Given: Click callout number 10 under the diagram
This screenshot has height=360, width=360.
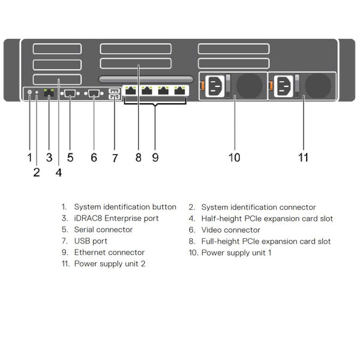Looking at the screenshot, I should point(234,157).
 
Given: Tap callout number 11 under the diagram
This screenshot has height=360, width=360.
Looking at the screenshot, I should point(304,157).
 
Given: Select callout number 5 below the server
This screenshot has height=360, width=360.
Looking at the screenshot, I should point(70,157).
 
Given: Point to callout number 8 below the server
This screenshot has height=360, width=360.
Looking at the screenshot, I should point(138,157).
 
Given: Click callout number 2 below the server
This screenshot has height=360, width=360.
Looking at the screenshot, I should point(37,172).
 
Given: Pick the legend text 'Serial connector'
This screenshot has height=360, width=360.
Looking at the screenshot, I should point(103,230).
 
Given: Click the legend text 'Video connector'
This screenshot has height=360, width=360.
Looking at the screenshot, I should point(230,230).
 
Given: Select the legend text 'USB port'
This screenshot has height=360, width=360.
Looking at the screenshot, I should point(91,241).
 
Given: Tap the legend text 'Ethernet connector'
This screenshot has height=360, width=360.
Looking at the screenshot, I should point(109,253).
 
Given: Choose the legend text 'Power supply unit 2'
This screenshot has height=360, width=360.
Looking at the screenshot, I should point(109,264).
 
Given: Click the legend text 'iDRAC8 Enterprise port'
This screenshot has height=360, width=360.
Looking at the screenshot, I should point(116,218).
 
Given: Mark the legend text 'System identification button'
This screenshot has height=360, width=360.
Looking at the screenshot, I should point(125,207).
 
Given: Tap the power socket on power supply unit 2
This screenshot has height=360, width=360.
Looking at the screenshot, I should point(284,86).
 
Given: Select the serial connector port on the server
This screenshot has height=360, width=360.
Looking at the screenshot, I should point(70,93).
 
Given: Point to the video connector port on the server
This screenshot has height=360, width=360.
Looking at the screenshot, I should point(94,93).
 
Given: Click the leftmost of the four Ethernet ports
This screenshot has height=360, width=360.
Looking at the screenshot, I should point(131,91).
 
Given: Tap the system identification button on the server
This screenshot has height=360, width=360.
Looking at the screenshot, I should point(29,93).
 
